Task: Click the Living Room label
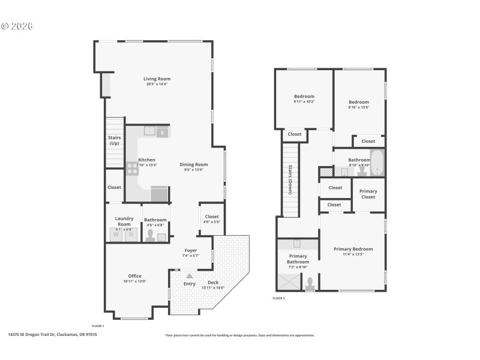tap(157, 79)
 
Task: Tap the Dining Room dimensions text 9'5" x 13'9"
tap(193, 170)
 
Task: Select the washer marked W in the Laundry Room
tap(118, 234)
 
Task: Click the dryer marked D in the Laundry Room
tap(131, 234)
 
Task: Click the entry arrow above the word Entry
tap(190, 276)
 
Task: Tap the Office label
tap(134, 276)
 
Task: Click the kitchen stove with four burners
tap(132, 169)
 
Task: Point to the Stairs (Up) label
tap(114, 140)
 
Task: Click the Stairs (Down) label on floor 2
tap(290, 179)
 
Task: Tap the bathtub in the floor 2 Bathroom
tap(377, 163)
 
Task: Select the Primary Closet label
tap(368, 194)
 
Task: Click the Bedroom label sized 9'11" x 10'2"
tap(304, 96)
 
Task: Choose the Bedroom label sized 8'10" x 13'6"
tap(359, 102)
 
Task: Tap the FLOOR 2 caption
tap(278, 298)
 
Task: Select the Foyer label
tap(190, 250)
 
